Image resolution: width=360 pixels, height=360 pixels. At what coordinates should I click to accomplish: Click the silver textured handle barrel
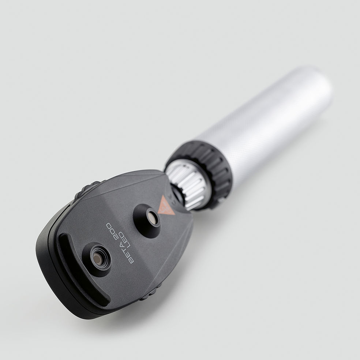point(263,124)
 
